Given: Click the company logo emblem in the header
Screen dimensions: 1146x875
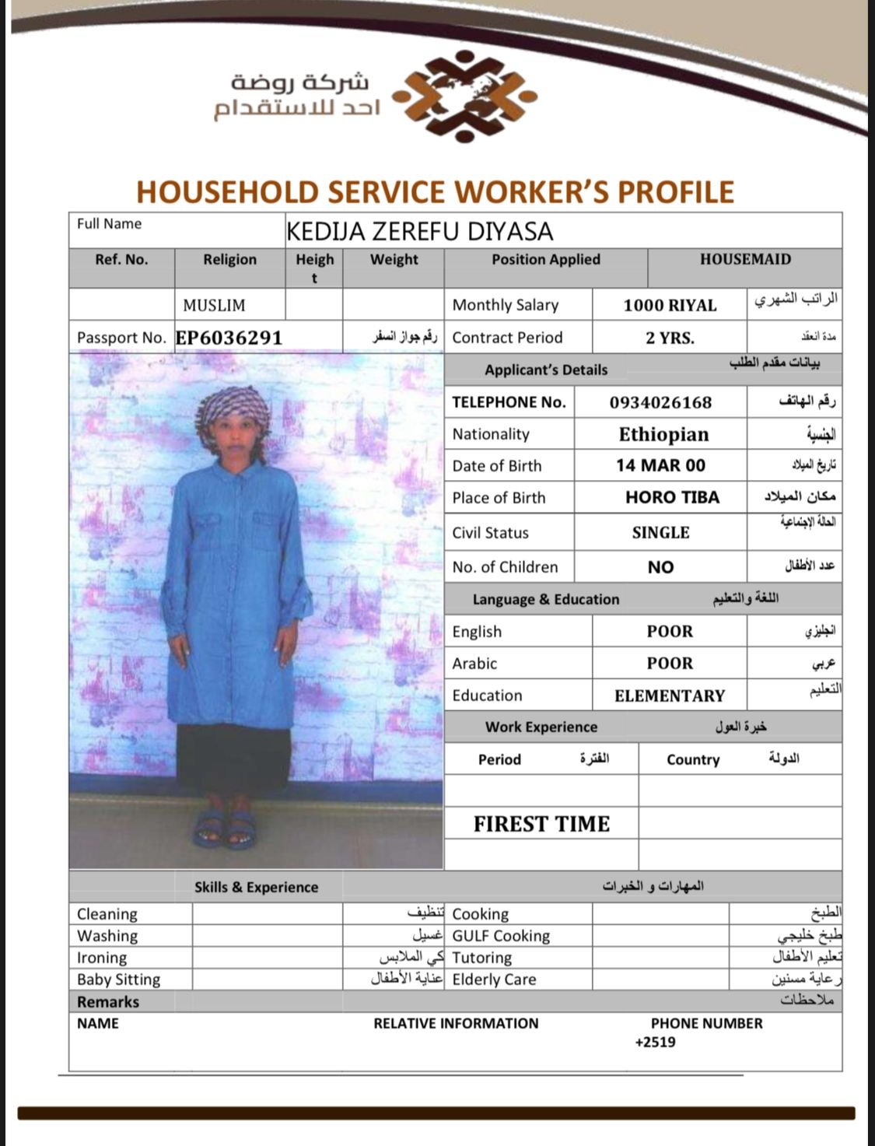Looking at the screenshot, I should point(465,96).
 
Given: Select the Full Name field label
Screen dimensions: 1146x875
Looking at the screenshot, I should point(109,224).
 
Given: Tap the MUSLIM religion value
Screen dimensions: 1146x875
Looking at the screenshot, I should point(214,305).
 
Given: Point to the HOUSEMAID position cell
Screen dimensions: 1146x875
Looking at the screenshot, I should point(744,260).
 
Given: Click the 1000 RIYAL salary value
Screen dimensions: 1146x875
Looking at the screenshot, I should point(670,305).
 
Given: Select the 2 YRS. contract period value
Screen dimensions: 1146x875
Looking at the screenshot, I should point(670,338).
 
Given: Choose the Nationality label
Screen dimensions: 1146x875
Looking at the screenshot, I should point(491,434).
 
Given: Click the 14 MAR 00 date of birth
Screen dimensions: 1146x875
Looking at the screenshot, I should point(660,465).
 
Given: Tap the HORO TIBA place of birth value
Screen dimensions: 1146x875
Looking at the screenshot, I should point(672,497).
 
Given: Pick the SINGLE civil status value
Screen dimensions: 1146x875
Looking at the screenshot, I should point(660,533).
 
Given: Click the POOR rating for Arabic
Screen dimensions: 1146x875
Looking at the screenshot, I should point(670,664).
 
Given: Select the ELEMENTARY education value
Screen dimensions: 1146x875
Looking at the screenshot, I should point(670,696).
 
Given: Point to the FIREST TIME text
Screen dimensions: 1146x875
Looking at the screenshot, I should point(541,824).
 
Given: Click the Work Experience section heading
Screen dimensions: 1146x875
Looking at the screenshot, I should point(541,727).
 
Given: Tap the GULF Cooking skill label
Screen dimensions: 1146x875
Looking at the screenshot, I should point(501,936).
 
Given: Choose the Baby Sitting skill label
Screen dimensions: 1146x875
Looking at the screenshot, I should point(118,980).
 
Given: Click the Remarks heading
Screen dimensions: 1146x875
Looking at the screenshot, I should point(108,1002).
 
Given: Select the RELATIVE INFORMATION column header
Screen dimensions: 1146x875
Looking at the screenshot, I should point(456,1024).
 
